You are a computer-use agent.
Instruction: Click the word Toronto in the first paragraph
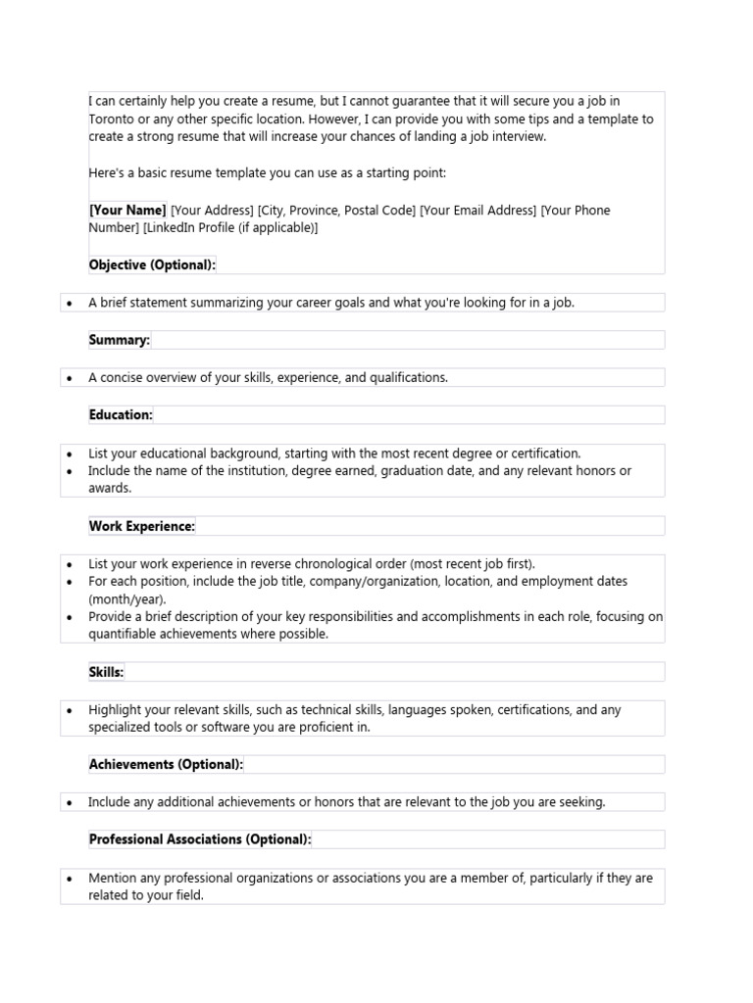tap(111, 119)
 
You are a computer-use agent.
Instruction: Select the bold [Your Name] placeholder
tap(127, 210)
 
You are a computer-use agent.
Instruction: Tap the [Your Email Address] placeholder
tap(477, 210)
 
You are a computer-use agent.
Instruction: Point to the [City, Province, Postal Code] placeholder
tap(336, 210)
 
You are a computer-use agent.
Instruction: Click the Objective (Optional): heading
tap(152, 264)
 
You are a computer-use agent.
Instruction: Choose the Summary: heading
tap(120, 339)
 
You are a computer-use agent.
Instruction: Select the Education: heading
tap(121, 414)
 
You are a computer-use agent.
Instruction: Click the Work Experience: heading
tap(142, 526)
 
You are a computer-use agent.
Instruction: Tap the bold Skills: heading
tap(106, 672)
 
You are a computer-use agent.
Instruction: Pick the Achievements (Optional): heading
tap(166, 764)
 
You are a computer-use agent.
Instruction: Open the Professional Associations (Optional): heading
tap(200, 839)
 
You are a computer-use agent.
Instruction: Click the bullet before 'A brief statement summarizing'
tap(69, 304)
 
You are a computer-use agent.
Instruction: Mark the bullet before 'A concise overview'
tap(69, 378)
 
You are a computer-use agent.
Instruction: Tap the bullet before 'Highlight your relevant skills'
tap(69, 710)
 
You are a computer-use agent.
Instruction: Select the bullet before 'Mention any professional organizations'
tap(69, 879)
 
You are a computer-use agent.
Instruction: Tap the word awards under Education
tap(109, 488)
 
